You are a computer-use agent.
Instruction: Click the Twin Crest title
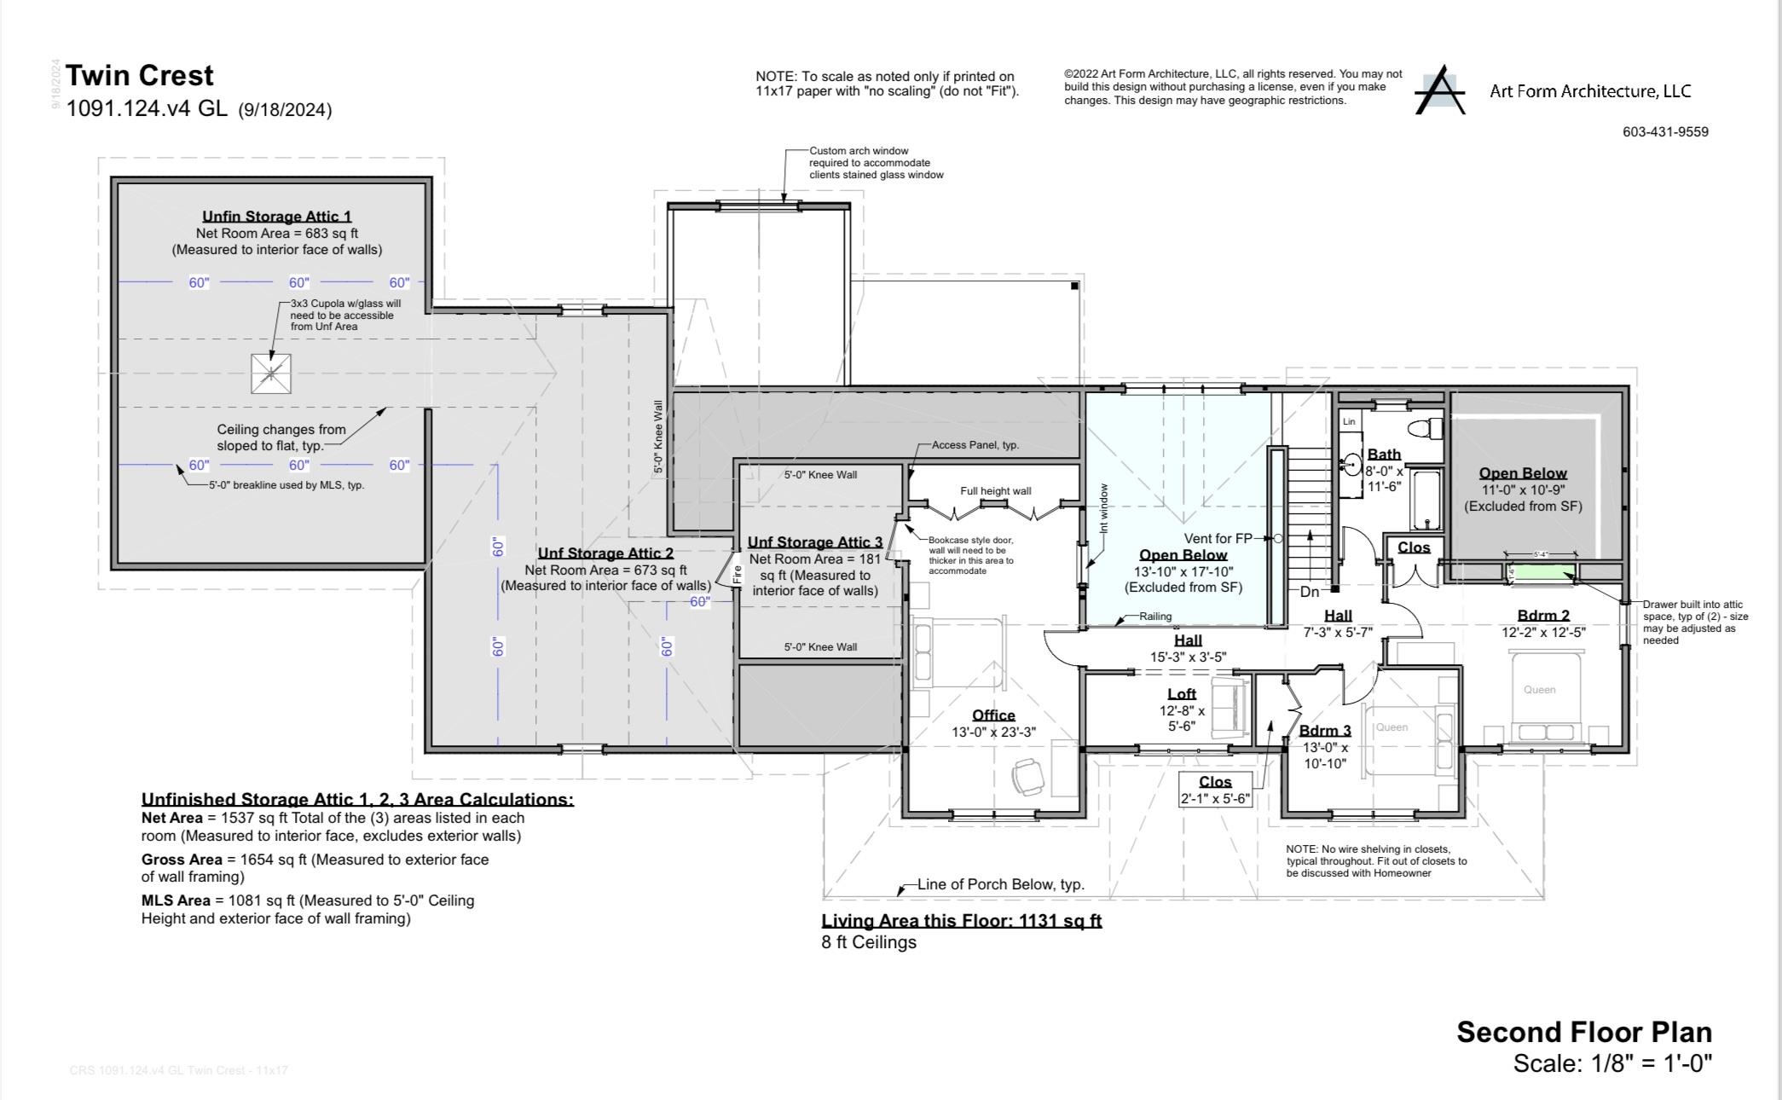coord(139,76)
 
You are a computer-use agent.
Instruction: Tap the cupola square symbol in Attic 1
coord(271,373)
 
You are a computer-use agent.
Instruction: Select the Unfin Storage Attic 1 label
coord(276,217)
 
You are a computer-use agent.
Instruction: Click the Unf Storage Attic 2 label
coord(605,553)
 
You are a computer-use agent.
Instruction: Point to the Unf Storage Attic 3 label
coord(815,542)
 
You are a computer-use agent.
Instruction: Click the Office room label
coord(993,715)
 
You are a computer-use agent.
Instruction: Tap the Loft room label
coord(1182,694)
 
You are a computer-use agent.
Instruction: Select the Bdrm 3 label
coord(1325,731)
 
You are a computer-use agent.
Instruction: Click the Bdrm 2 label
coord(1543,616)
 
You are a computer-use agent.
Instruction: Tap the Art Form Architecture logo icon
coord(1439,90)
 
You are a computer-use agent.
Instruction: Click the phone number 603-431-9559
coord(1665,132)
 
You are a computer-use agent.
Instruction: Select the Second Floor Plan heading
coord(1583,1032)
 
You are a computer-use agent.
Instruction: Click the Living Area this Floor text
coord(961,921)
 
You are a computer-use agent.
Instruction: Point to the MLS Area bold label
coord(176,900)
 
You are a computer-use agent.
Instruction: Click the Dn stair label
coord(1309,592)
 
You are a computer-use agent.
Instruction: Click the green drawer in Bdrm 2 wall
coord(1542,571)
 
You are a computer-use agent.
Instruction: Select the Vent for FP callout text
coord(1218,539)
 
